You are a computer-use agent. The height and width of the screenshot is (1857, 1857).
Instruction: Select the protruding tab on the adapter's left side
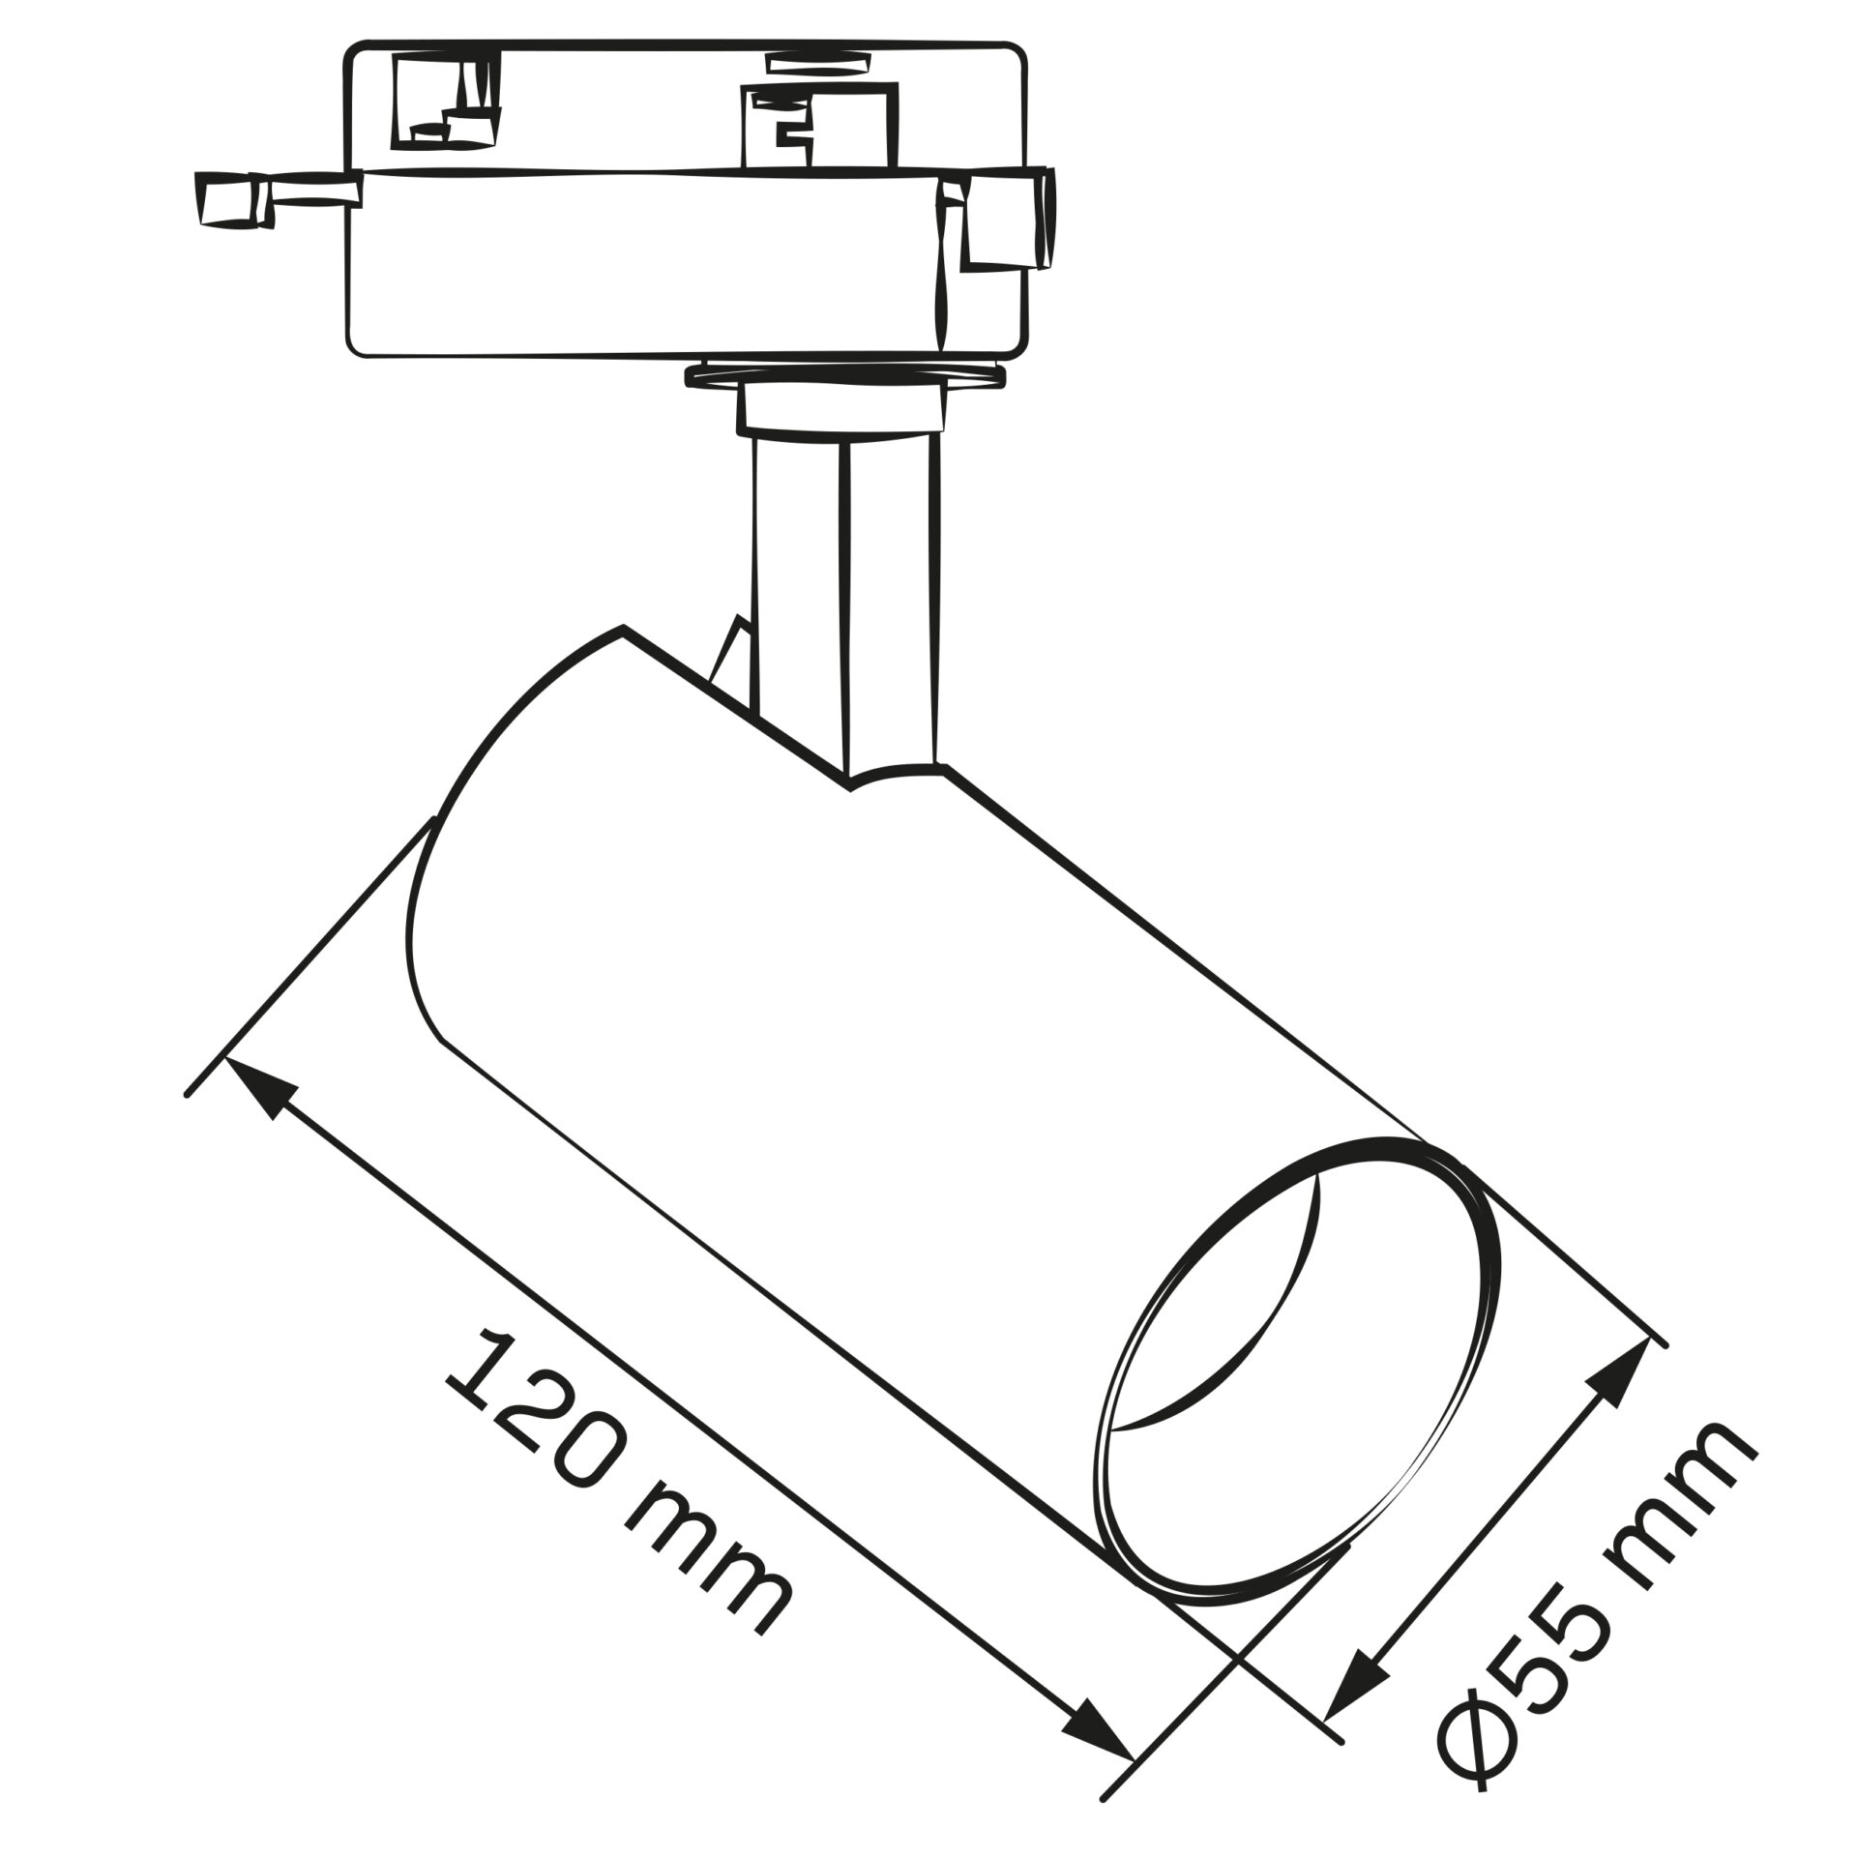(276, 198)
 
